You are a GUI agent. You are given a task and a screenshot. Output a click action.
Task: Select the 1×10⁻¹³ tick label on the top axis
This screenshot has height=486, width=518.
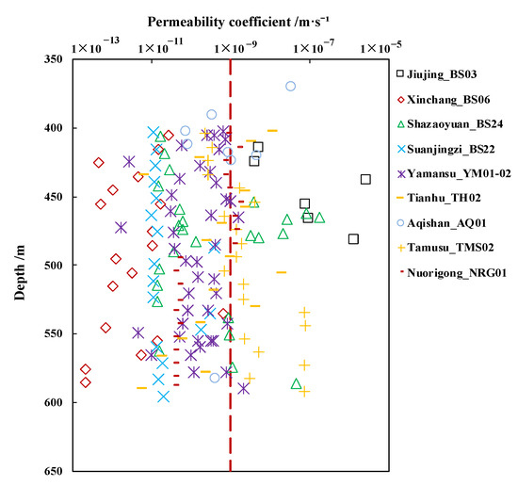coord(79,46)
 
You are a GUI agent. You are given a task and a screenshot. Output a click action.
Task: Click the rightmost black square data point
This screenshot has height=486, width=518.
coord(365,179)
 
